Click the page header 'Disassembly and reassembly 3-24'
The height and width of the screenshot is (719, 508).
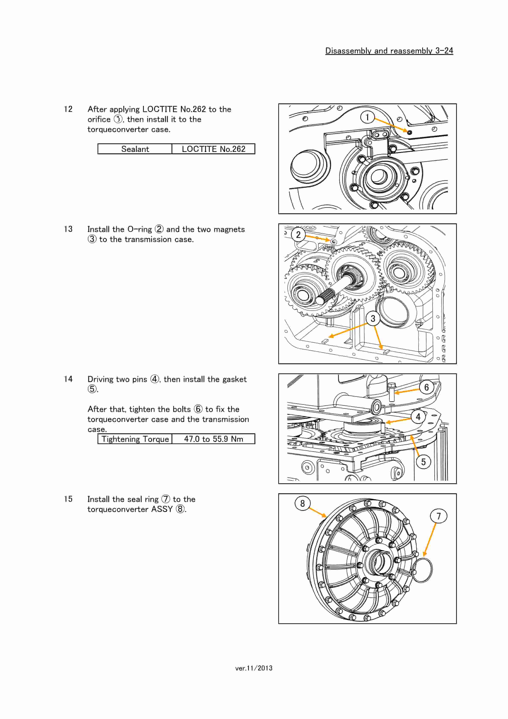click(389, 51)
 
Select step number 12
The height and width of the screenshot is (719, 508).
click(68, 109)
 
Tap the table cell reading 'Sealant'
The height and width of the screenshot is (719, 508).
click(135, 149)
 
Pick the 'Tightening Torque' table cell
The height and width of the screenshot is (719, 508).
click(135, 439)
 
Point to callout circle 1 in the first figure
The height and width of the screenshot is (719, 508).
click(367, 117)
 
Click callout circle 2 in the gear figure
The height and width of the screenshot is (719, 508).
click(298, 235)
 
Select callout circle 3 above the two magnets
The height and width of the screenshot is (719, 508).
click(373, 319)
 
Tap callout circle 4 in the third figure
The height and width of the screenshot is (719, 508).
click(418, 417)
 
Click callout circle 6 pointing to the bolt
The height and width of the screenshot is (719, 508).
click(426, 387)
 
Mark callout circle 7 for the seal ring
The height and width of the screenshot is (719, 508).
click(438, 516)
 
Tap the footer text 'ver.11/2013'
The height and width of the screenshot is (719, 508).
click(254, 668)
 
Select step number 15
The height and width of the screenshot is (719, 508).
click(68, 499)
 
